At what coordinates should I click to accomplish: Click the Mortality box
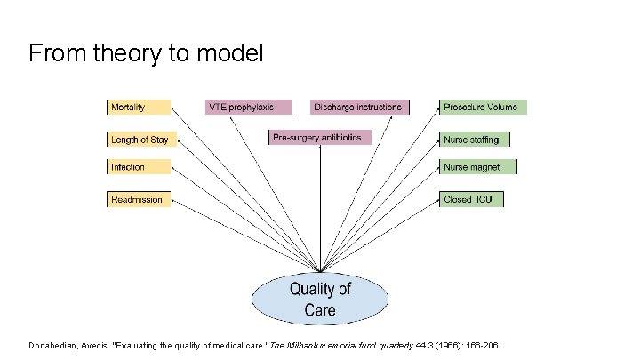click(x=138, y=108)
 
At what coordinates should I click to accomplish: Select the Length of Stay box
click(x=140, y=140)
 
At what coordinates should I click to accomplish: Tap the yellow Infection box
click(x=138, y=167)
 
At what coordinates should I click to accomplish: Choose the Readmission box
click(x=138, y=200)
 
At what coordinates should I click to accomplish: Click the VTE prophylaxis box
click(x=248, y=108)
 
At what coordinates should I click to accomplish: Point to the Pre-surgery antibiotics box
click(x=321, y=138)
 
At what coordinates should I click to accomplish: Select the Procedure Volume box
click(x=483, y=108)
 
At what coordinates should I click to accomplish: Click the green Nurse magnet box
click(x=477, y=167)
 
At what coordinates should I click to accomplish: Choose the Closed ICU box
click(x=471, y=200)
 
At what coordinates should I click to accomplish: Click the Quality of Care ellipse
click(x=320, y=299)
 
